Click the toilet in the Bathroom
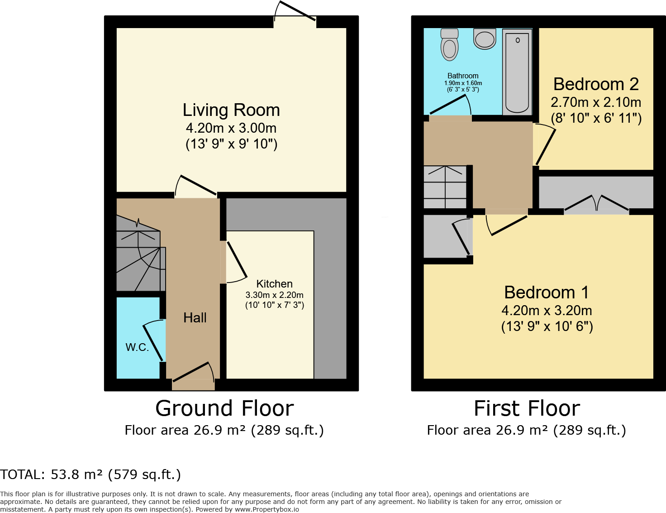(x=449, y=44)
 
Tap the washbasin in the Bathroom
(x=485, y=38)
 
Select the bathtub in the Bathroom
(x=517, y=72)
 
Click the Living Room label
(x=231, y=110)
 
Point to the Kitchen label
(x=274, y=283)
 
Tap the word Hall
(x=195, y=318)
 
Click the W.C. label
(x=137, y=347)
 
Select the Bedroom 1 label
(x=547, y=292)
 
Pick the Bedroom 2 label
(x=596, y=84)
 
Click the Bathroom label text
(x=463, y=76)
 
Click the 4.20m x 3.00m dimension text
(x=231, y=128)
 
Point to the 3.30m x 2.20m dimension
(x=274, y=295)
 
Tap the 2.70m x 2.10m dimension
(x=596, y=102)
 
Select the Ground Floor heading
(x=225, y=408)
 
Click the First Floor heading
(x=527, y=408)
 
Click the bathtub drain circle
(x=518, y=40)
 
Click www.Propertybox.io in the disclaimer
(x=266, y=509)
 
